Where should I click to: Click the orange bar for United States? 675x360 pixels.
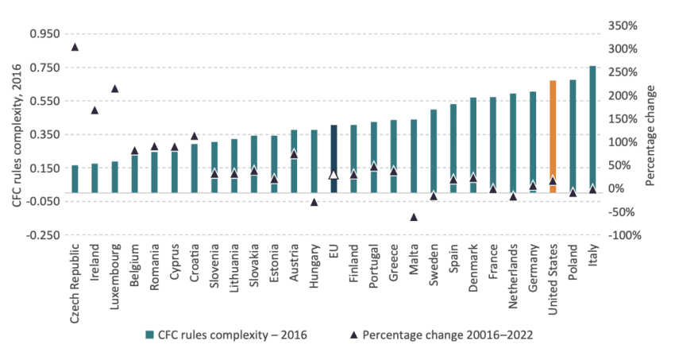[x=553, y=136]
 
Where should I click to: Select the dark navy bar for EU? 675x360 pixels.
[x=334, y=158]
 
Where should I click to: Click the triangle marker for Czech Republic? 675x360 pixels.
[x=75, y=47]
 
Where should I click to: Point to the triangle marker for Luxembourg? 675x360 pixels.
[x=114, y=88]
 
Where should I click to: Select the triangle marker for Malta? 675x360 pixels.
[x=414, y=216]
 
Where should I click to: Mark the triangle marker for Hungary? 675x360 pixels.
[x=314, y=202]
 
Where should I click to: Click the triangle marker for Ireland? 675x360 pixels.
[x=94, y=110]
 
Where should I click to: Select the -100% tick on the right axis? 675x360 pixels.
[x=625, y=235]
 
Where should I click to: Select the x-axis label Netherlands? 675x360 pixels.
[x=513, y=278]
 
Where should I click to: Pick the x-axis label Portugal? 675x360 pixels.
[x=373, y=271]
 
